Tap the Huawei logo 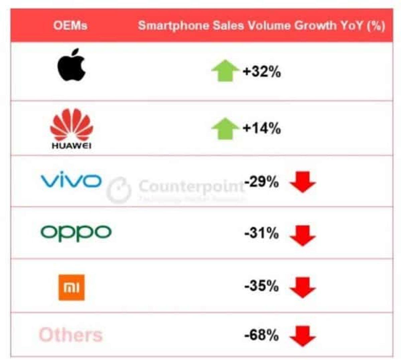click(72, 129)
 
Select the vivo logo click(71, 181)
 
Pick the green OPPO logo click(76, 232)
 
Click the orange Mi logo click(72, 287)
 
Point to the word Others click(71, 335)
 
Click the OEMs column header click(70, 26)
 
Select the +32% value click(262, 71)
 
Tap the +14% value click(262, 128)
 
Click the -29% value click(261, 182)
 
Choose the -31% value click(261, 233)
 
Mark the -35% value click(261, 286)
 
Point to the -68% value click(261, 335)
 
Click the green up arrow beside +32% click(225, 70)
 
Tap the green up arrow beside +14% click(225, 129)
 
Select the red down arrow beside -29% click(303, 182)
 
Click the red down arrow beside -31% click(303, 235)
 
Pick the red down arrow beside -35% click(303, 288)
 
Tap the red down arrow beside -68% click(303, 336)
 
